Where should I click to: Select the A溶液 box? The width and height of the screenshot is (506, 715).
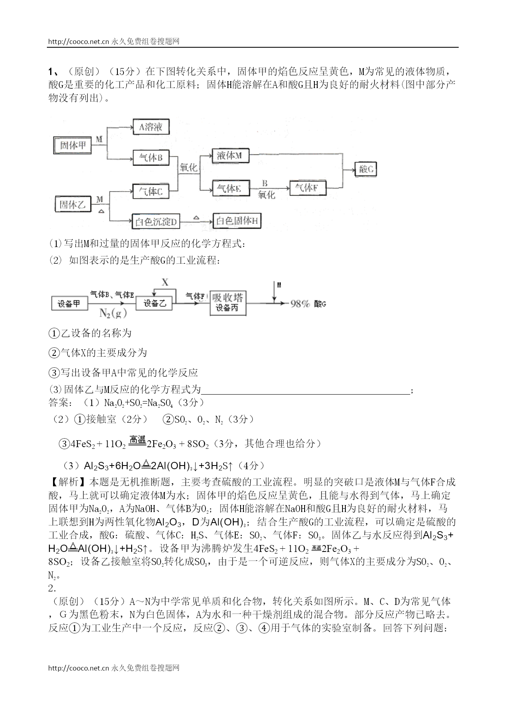pyautogui.click(x=151, y=127)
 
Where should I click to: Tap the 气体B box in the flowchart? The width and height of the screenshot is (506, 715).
pyautogui.click(x=151, y=158)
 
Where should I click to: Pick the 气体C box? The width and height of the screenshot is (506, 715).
pyautogui.click(x=151, y=191)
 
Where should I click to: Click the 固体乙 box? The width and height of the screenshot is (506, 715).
pyautogui.click(x=73, y=204)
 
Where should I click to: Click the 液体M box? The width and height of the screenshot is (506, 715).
pyautogui.click(x=230, y=156)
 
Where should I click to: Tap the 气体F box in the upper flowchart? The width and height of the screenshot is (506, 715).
pyautogui.click(x=307, y=188)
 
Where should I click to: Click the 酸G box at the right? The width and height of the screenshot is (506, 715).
pyautogui.click(x=366, y=169)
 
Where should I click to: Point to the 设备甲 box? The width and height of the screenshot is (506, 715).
pyautogui.click(x=69, y=304)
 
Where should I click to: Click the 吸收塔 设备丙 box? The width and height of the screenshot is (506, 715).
pyautogui.click(x=228, y=303)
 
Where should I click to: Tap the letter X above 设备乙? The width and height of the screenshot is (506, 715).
pyautogui.click(x=165, y=282)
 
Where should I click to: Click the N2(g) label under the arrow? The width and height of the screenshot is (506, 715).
pyautogui.click(x=113, y=313)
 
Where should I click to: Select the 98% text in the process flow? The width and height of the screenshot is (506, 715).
pyautogui.click(x=300, y=304)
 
